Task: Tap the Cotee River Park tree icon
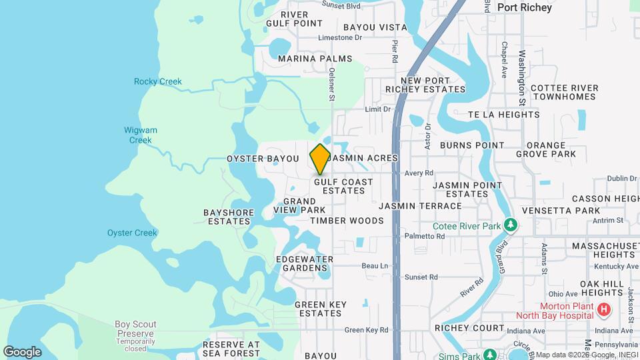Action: click(511, 225)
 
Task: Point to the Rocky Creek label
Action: click(157, 82)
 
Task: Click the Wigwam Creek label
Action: click(140, 135)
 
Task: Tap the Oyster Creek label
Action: click(132, 233)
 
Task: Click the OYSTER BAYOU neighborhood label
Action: click(263, 159)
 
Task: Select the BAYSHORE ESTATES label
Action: click(229, 217)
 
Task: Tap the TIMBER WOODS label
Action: click(347, 221)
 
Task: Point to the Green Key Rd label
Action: click(366, 330)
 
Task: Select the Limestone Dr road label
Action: click(340, 38)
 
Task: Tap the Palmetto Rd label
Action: click(420, 236)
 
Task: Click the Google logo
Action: click(22, 351)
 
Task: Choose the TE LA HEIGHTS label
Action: click(503, 115)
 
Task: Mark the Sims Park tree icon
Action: click(489, 353)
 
